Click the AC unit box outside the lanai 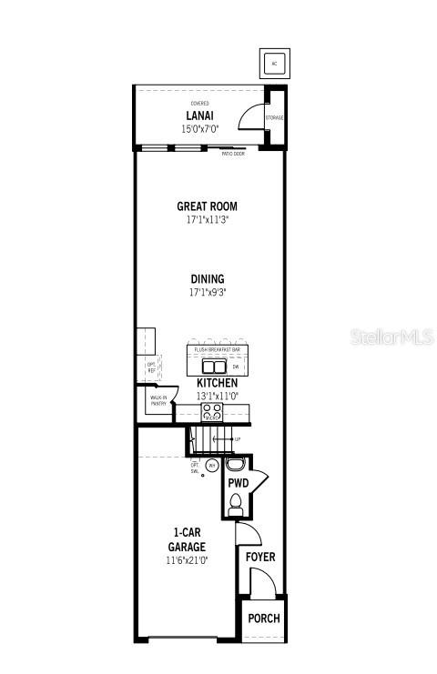(x=274, y=63)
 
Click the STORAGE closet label (x=275, y=118)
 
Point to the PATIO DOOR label (x=233, y=154)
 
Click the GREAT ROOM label (x=207, y=207)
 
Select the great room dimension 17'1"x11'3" (x=207, y=220)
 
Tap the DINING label (x=207, y=279)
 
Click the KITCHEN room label (x=218, y=383)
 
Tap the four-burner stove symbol (x=212, y=411)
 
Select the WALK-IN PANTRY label (x=158, y=400)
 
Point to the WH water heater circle (x=212, y=465)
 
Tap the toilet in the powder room (x=236, y=501)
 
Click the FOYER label (x=260, y=557)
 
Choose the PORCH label (x=263, y=619)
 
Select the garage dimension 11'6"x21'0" (x=186, y=560)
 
